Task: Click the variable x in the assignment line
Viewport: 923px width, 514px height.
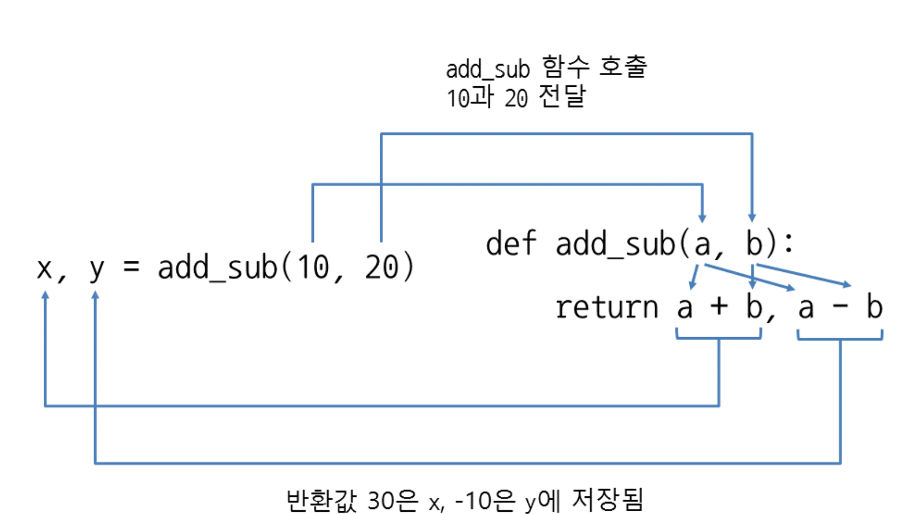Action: pos(44,269)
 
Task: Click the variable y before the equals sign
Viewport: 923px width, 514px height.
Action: pos(96,270)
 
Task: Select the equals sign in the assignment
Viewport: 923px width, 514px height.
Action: pos(131,267)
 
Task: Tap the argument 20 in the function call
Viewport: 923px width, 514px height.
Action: pos(382,268)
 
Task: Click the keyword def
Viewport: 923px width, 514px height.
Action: pos(511,243)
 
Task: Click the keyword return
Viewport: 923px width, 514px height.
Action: pos(606,307)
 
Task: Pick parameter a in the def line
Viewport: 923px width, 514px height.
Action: pos(702,244)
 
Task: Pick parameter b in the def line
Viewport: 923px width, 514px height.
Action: pos(754,243)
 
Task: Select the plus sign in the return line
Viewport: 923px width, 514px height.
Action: pos(719,306)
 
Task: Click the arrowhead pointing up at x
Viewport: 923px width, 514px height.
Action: pos(45,296)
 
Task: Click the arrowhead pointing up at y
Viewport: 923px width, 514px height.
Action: pos(95,296)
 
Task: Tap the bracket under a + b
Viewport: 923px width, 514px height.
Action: pos(719,337)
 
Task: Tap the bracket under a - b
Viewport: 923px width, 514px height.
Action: pos(840,338)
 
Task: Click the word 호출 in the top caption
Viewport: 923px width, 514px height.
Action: pos(623,67)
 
